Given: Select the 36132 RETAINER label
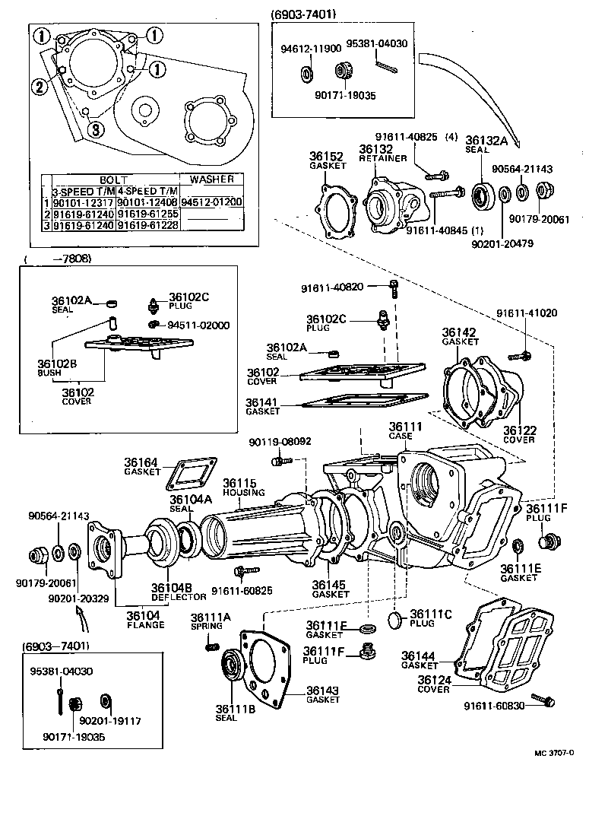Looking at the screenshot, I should pos(376,154).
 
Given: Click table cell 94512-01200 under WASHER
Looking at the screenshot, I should pos(216,202).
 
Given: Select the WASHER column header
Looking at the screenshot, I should pos(215,179).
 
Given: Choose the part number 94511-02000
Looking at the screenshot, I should pos(198,325).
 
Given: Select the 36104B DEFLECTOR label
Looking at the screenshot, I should pos(173,591).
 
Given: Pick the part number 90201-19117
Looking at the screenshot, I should pos(110,719).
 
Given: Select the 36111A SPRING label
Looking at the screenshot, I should pos(207,621).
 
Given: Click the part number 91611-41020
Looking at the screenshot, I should pos(527,313).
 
